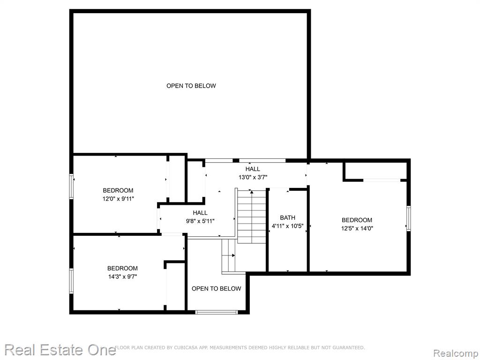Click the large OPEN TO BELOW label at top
click(x=191, y=86)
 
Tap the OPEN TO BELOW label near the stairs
click(x=216, y=289)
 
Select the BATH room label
click(x=288, y=217)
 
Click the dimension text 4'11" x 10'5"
click(x=288, y=226)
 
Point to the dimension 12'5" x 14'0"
click(x=357, y=228)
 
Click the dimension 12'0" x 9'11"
click(x=118, y=199)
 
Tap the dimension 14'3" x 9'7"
click(x=122, y=277)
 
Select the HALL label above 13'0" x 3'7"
click(x=253, y=169)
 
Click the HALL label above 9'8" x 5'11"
click(x=200, y=213)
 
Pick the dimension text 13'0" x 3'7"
click(x=253, y=177)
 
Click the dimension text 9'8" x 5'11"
click(x=200, y=221)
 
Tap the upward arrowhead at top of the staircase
click(x=252, y=192)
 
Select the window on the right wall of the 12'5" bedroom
click(x=408, y=218)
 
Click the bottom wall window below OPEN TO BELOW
click(x=217, y=312)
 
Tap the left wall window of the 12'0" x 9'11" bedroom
click(x=71, y=187)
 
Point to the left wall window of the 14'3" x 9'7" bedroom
click(x=71, y=281)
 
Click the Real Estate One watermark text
click(x=60, y=350)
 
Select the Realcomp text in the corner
click(x=456, y=353)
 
